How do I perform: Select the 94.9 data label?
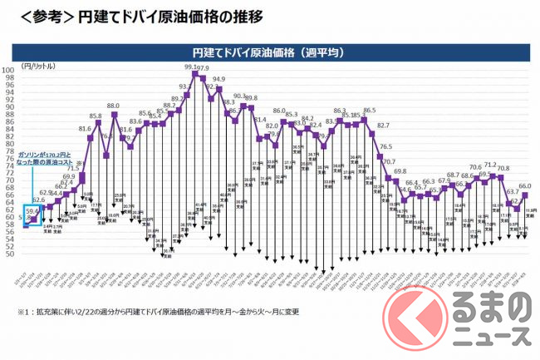coord(218,80)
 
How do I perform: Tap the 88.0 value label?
coord(114,106)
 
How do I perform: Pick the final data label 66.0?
coord(525,186)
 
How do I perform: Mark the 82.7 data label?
coord(383,126)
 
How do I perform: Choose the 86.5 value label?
coord(369,110)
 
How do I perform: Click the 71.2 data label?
coord(490,165)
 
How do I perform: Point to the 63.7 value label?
coord(513,192)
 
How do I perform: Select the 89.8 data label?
coord(251,98)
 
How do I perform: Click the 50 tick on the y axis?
coord(9,254)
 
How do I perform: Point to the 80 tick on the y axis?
coord(9,143)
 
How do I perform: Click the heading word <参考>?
coord(37,17)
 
